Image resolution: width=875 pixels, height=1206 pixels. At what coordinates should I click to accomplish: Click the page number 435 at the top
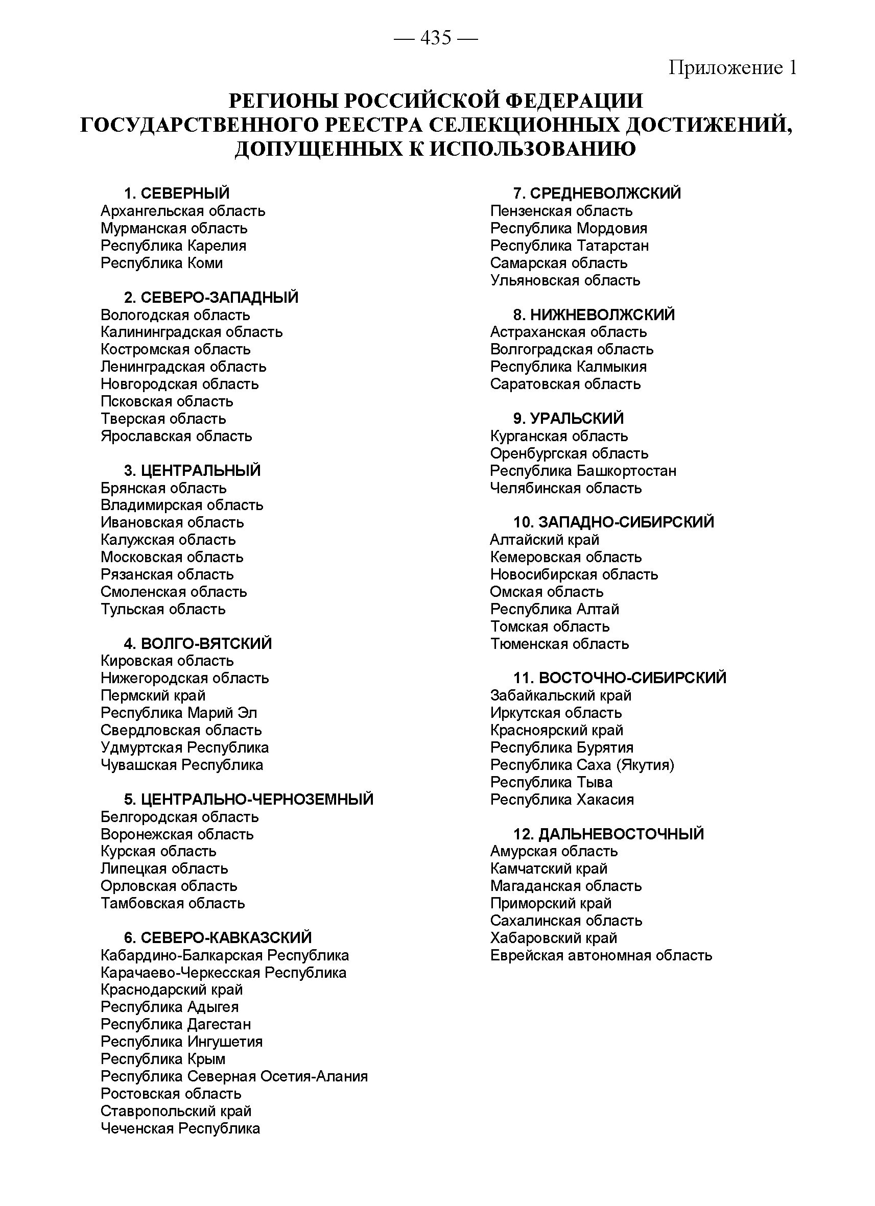tap(436, 38)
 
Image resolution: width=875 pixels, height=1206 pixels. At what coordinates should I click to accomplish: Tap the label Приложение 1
tap(732, 67)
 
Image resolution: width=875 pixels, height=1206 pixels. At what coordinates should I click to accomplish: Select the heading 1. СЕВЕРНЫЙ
tap(177, 193)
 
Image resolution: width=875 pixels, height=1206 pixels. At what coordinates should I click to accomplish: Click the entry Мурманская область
tap(174, 228)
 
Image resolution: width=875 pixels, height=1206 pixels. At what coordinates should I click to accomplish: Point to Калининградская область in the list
tap(192, 332)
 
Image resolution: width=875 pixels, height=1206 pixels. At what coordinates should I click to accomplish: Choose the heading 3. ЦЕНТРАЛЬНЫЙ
tap(193, 471)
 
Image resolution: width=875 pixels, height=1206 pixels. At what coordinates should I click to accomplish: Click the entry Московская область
tap(172, 557)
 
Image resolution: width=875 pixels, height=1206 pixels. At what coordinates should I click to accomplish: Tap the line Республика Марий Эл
tap(179, 713)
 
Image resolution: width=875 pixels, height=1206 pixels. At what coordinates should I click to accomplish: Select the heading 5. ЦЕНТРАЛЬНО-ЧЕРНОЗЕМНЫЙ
tap(248, 799)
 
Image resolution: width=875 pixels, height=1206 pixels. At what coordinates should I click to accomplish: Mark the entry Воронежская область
tap(177, 834)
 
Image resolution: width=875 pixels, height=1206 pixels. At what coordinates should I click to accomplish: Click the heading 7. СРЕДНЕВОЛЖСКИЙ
tap(597, 193)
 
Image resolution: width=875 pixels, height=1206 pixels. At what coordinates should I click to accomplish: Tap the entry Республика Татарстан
tap(569, 246)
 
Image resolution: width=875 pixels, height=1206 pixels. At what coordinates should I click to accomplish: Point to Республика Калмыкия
tap(568, 367)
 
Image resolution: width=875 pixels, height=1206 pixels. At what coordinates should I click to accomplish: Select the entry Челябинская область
tap(565, 488)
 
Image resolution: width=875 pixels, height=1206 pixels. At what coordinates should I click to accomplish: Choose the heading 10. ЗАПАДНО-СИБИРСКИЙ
tap(613, 522)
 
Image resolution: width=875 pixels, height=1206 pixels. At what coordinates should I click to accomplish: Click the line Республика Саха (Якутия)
tap(582, 765)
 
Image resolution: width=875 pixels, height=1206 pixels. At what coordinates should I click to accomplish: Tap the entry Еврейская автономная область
tap(601, 955)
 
